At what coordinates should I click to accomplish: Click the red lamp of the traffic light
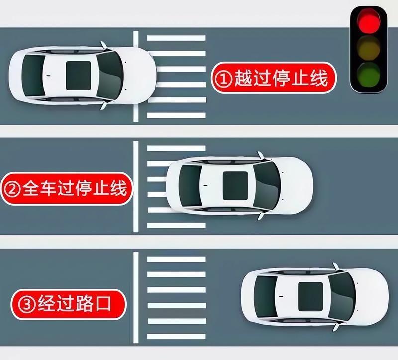pyautogui.click(x=369, y=21)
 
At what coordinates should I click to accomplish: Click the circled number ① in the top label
pyautogui.click(x=223, y=79)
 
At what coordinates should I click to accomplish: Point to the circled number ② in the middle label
pyautogui.click(x=12, y=189)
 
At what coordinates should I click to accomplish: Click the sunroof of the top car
pyautogui.click(x=79, y=76)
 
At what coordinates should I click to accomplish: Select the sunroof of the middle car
pyautogui.click(x=235, y=185)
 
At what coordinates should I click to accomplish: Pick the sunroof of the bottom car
pyautogui.click(x=310, y=296)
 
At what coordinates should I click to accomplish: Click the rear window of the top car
pyautogui.click(x=33, y=76)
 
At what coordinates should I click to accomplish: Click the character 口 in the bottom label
pyautogui.click(x=103, y=304)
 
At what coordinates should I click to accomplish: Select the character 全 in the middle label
pyautogui.click(x=30, y=188)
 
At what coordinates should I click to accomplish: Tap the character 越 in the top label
pyautogui.click(x=243, y=78)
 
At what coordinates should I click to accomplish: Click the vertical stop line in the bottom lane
pyautogui.click(x=136, y=297)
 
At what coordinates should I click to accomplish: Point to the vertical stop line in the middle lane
pyautogui.click(x=136, y=187)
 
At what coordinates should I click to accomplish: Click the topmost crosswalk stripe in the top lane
pyautogui.click(x=177, y=38)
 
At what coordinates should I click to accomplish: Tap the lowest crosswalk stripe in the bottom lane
pyautogui.click(x=177, y=337)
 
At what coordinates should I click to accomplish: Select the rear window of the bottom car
pyautogui.click(x=266, y=296)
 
